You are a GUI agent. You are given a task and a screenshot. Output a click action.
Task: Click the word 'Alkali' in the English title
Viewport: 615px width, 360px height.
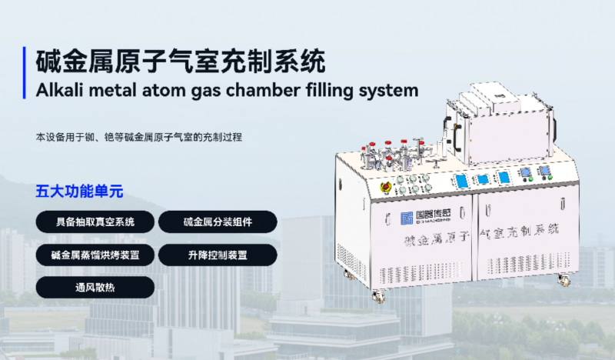coord(59,90)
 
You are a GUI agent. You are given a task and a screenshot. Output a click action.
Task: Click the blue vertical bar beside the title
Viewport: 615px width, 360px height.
coord(25,72)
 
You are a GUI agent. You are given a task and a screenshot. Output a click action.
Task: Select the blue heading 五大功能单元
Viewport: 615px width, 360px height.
coord(80,192)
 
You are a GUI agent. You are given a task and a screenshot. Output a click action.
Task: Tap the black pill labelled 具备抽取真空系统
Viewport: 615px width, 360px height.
coord(95,222)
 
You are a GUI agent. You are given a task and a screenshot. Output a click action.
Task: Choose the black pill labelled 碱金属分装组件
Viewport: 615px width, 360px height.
coord(218,222)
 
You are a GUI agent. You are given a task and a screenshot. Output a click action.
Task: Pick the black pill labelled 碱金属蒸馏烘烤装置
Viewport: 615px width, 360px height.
coord(95,255)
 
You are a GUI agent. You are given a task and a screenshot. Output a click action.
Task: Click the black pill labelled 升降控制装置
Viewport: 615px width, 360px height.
coord(218,255)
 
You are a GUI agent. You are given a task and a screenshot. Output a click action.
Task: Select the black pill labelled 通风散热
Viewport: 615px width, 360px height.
coord(95,288)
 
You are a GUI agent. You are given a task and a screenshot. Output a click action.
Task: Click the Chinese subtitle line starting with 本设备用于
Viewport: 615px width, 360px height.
coord(139,138)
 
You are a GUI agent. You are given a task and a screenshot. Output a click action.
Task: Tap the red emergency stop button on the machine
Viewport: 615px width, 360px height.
coord(386,187)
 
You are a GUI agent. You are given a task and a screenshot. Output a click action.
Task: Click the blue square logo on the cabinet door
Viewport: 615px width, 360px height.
coord(407,218)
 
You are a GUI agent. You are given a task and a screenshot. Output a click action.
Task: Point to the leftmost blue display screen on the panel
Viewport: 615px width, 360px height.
coord(462,181)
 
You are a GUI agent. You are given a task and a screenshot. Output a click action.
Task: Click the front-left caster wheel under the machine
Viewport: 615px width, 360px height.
coord(379,296)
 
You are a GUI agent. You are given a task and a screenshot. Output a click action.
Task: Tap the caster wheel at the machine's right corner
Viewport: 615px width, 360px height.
coord(563,280)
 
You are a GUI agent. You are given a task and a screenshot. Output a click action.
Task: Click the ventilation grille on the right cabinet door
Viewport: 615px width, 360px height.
coord(528,265)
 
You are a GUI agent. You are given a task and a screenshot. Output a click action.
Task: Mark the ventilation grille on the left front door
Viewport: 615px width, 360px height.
coord(420,272)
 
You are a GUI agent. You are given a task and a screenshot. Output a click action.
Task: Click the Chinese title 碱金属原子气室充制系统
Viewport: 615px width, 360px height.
coord(181,62)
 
